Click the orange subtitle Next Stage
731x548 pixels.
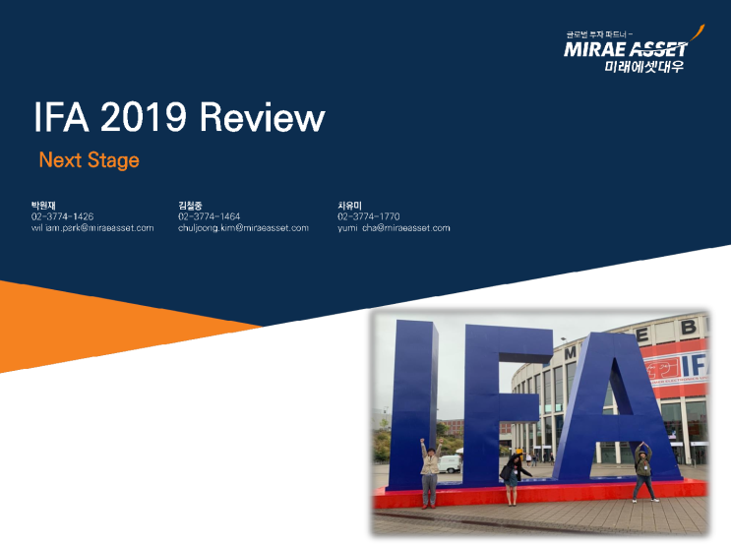(x=89, y=159)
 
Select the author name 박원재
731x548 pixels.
(x=45, y=205)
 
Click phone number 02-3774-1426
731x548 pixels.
(x=62, y=215)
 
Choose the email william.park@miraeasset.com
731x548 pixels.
(x=92, y=227)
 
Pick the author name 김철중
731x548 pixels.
(x=192, y=205)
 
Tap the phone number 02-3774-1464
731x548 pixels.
(x=209, y=215)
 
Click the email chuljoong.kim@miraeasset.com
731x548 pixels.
(x=243, y=227)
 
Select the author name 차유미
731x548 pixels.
(x=351, y=205)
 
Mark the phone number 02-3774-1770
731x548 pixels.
(x=368, y=215)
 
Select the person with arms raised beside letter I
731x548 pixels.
(x=430, y=474)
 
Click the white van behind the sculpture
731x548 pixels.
(x=451, y=462)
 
